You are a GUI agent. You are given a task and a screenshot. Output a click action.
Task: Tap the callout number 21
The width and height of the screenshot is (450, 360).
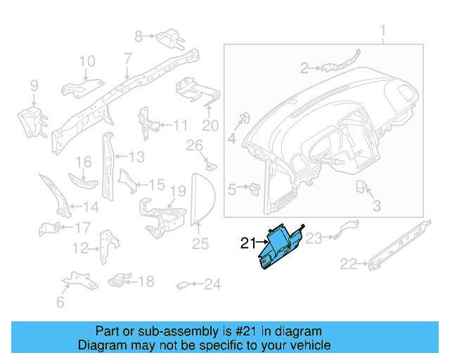247,244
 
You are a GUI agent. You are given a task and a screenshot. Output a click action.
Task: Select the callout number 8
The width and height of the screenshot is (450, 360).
139,35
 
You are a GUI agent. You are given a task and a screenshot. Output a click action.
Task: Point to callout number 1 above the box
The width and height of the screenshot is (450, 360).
384,30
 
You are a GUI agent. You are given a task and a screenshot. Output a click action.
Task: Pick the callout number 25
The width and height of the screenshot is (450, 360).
200,244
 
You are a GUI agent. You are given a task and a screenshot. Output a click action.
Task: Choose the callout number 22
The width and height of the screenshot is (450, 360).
348,264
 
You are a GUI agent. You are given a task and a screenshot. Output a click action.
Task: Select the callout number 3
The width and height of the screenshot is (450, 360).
376,206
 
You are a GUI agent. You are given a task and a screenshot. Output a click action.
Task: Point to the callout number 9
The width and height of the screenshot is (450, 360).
33,86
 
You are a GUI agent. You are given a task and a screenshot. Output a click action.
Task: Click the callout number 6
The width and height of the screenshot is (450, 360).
60,302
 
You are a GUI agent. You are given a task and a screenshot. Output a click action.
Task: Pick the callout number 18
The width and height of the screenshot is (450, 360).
146,282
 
